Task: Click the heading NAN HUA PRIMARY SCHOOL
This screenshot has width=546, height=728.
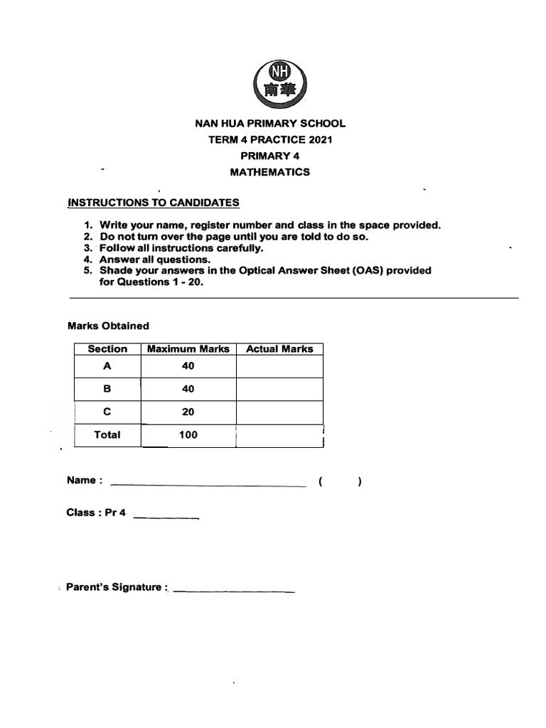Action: pyautogui.click(x=270, y=124)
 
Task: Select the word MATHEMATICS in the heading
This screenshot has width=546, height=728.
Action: pyautogui.click(x=270, y=172)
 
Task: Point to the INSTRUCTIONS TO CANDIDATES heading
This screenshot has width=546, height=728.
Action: pyautogui.click(x=154, y=203)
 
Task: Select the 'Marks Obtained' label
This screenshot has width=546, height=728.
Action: pyautogui.click(x=108, y=326)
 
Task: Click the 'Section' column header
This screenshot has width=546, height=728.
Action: pyautogui.click(x=107, y=349)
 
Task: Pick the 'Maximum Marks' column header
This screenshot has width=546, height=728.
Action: pyautogui.click(x=188, y=349)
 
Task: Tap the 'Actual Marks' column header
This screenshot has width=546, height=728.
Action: pyautogui.click(x=279, y=349)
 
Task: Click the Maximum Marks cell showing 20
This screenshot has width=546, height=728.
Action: pyautogui.click(x=188, y=412)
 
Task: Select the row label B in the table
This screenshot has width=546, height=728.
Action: pyautogui.click(x=107, y=389)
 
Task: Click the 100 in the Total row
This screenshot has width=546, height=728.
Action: pyautogui.click(x=188, y=434)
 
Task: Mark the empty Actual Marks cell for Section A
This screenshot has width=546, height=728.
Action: pyautogui.click(x=279, y=366)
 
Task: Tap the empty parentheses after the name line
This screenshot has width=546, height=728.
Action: pyautogui.click(x=341, y=481)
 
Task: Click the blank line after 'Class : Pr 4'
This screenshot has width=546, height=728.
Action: pyautogui.click(x=166, y=517)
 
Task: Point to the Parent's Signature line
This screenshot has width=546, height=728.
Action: pyautogui.click(x=234, y=590)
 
